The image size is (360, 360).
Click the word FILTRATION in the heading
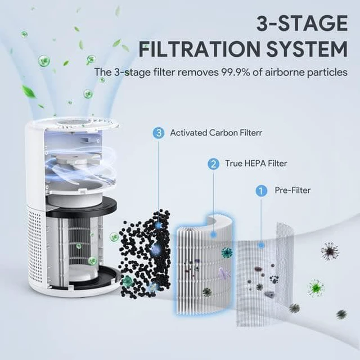[x=199, y=49]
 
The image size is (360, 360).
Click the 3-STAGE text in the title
[x=302, y=23]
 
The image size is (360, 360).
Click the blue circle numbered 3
[x=159, y=133]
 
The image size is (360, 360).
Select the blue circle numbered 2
[x=213, y=164]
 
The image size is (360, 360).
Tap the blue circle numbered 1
[x=261, y=191]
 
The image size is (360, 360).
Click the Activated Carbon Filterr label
[x=216, y=133]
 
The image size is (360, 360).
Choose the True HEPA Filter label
[x=256, y=164]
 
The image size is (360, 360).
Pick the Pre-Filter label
[x=292, y=190]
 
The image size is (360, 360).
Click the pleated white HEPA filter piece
[x=204, y=264]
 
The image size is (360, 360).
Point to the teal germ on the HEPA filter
[x=227, y=253]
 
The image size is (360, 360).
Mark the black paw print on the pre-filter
[x=274, y=279]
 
